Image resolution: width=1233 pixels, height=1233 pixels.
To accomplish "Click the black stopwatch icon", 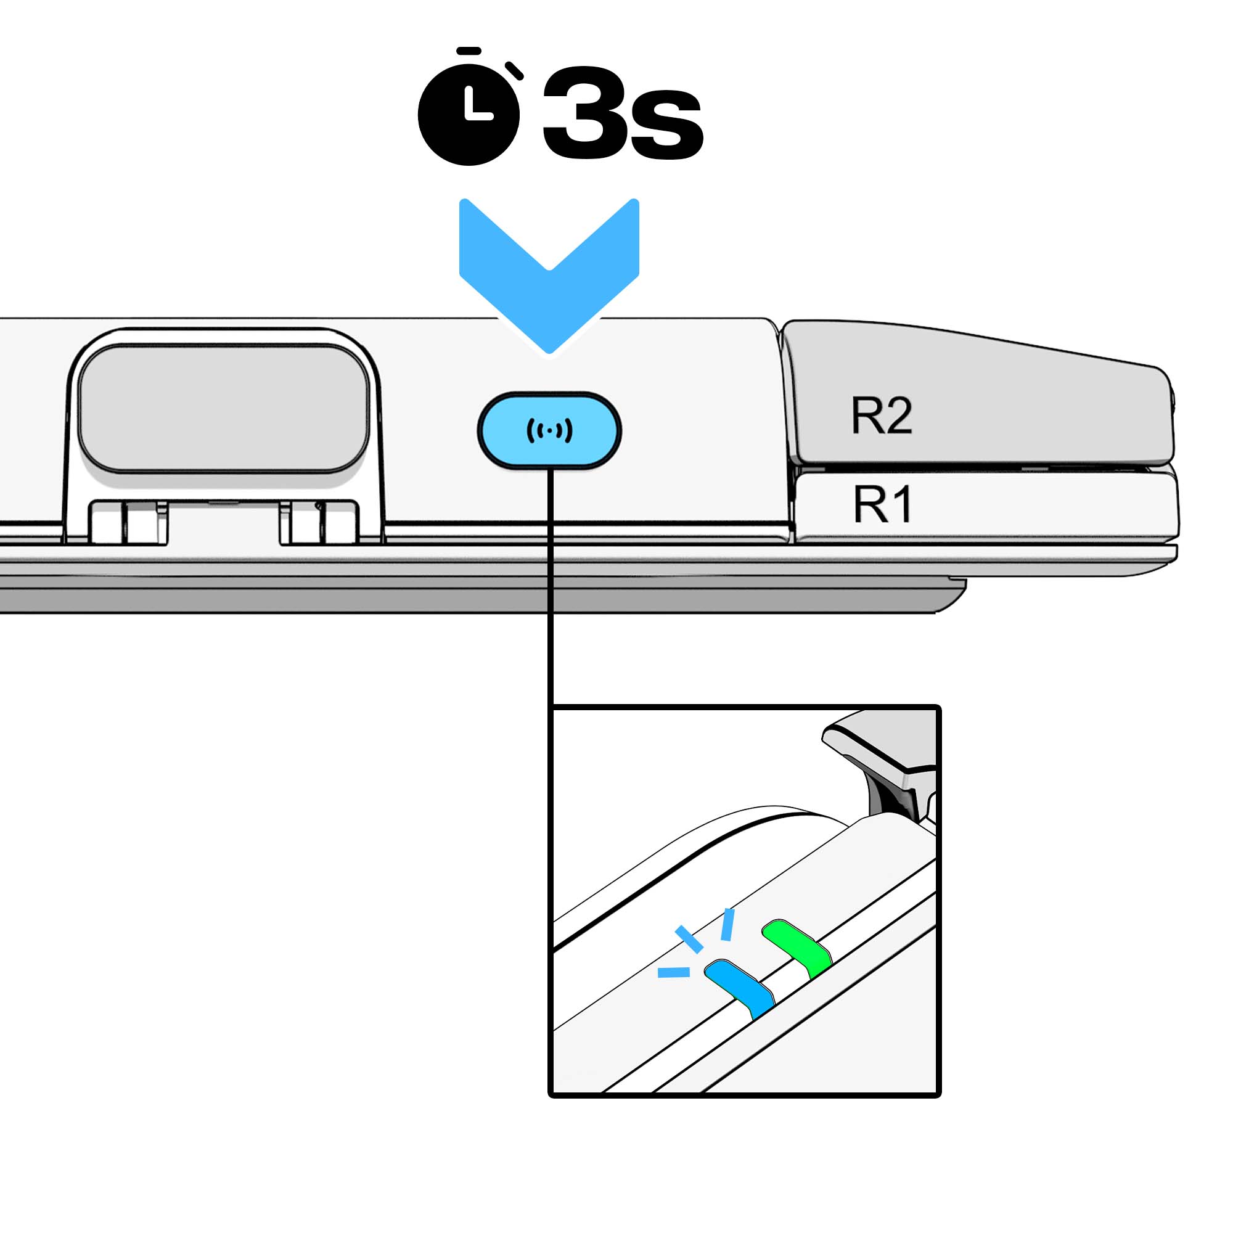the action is [470, 109].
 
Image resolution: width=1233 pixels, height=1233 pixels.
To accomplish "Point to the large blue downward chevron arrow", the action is [549, 276].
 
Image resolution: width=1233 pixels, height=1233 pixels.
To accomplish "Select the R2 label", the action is [882, 416].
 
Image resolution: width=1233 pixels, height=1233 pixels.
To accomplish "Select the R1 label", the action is [882, 504].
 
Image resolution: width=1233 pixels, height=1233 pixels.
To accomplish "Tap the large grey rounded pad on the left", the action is [223, 409].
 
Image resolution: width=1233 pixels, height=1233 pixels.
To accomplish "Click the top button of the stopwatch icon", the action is [469, 51].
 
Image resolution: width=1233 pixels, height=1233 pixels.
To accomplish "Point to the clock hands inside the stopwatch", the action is [477, 104].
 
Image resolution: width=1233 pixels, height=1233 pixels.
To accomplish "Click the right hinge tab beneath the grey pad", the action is [319, 522].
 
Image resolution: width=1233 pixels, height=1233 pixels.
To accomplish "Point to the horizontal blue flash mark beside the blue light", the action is [674, 972].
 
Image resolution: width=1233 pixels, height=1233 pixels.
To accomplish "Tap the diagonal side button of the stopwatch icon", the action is [514, 70].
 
